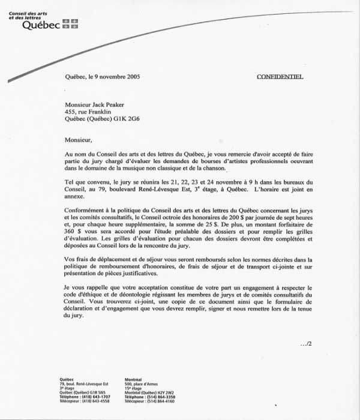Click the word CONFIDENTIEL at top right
(280, 77)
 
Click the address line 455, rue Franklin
(87, 111)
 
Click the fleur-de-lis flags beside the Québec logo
(70, 23)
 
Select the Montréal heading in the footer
(133, 380)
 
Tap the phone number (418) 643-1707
(97, 397)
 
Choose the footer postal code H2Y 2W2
(163, 393)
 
